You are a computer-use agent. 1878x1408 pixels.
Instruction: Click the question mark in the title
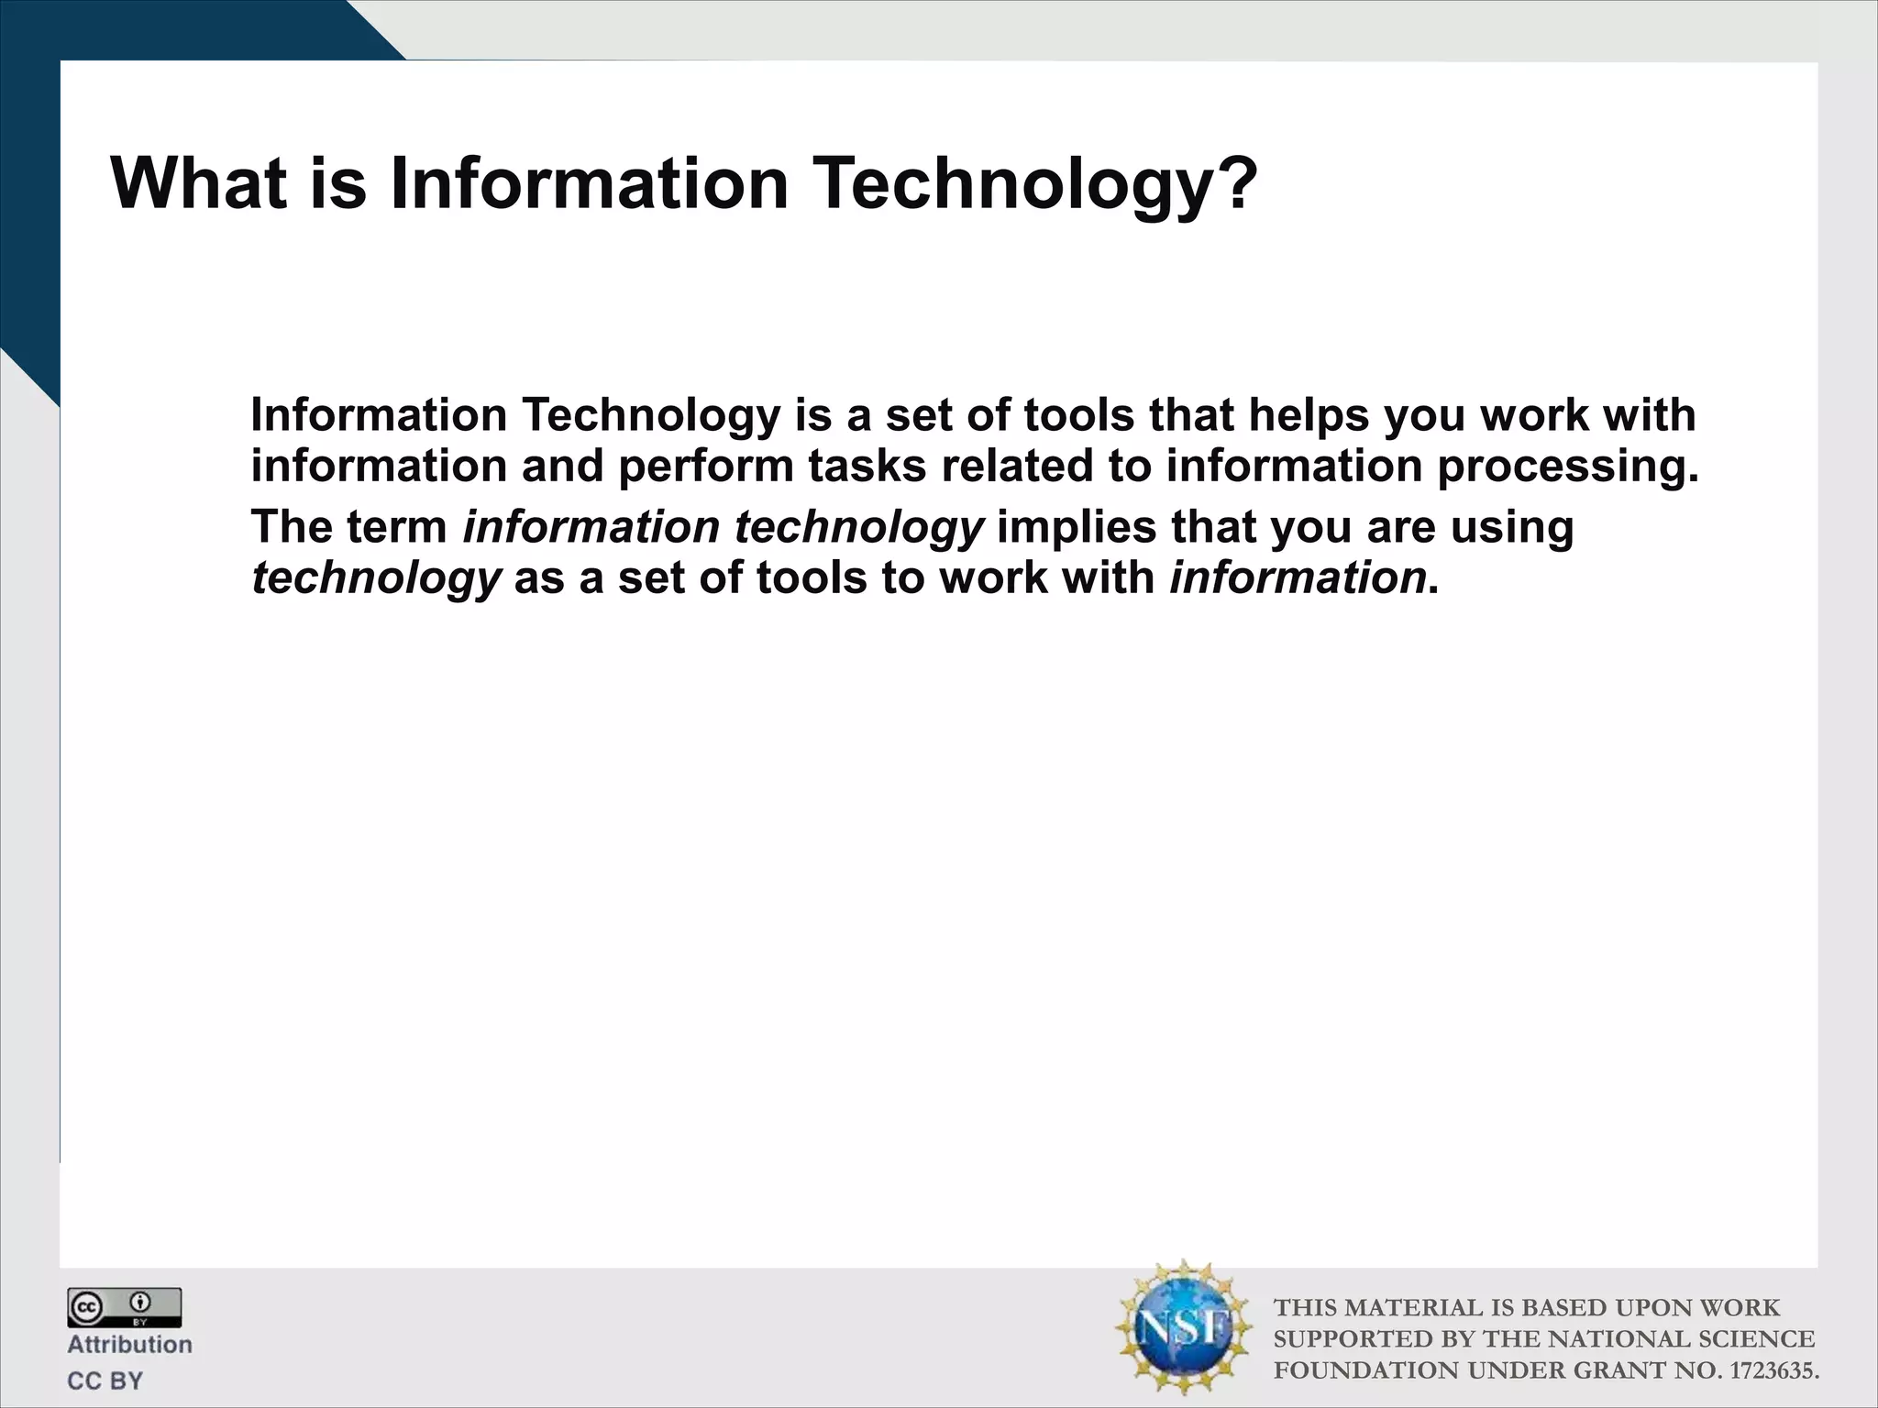click(1229, 183)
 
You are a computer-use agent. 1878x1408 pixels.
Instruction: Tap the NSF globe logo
click(1184, 1328)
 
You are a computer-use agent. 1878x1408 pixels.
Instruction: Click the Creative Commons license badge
click(124, 1307)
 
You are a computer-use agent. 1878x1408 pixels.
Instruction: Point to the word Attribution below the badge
click(129, 1345)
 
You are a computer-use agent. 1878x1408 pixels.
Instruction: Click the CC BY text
click(105, 1380)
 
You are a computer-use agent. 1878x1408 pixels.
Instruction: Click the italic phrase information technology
click(723, 527)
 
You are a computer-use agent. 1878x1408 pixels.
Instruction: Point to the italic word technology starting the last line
click(376, 579)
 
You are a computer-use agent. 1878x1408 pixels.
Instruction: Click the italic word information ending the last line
click(1298, 577)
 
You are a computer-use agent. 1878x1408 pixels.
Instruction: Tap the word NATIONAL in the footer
click(1618, 1339)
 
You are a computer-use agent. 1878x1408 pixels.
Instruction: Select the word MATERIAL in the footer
click(1416, 1308)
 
